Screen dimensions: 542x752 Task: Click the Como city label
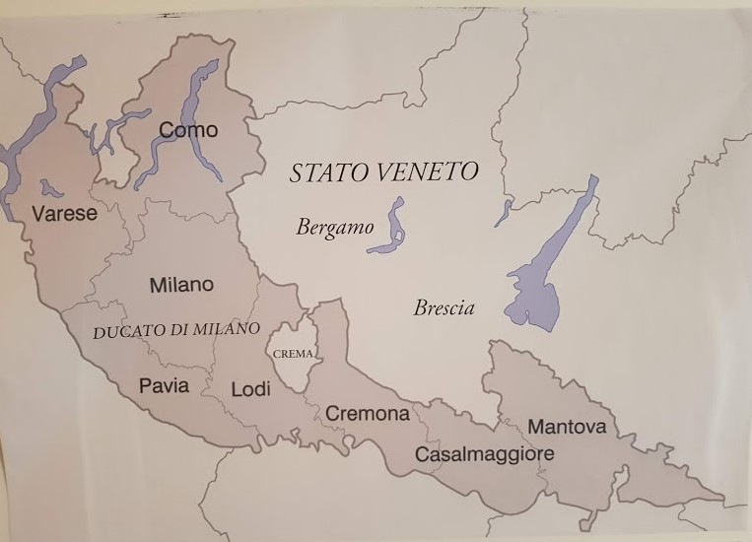tap(188, 130)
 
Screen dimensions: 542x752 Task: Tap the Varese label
tap(64, 214)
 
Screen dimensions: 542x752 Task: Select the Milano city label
tap(181, 285)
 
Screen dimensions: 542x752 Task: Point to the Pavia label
tap(164, 385)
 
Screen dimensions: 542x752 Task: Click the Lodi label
tap(250, 389)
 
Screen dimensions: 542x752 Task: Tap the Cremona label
tap(367, 414)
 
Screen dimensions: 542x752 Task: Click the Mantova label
tap(567, 427)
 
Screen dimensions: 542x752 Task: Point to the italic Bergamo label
tap(335, 228)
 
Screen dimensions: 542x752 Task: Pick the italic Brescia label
tap(444, 308)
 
